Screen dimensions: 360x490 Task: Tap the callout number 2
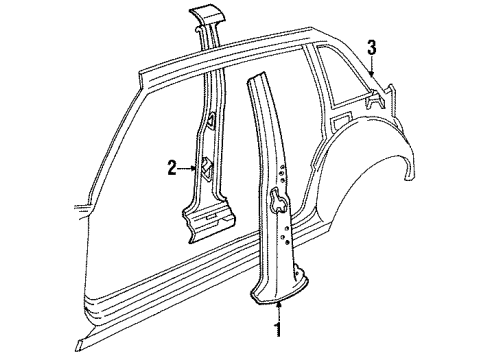click(173, 168)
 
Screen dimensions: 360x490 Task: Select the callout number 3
click(371, 47)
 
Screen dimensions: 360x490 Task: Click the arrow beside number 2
click(187, 168)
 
